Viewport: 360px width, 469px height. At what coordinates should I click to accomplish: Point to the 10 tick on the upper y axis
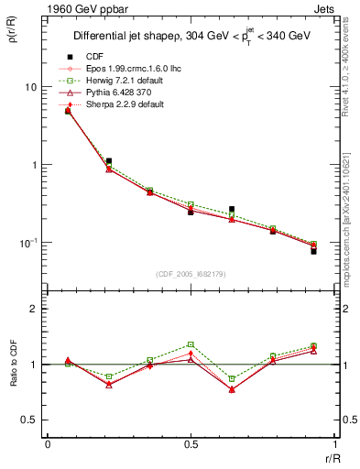(x=30, y=87)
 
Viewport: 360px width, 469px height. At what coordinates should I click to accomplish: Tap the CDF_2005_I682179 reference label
(x=190, y=274)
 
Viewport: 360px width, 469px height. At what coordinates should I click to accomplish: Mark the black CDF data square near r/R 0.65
(x=232, y=210)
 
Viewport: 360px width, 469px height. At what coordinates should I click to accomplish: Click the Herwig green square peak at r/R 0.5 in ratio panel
(x=191, y=344)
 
